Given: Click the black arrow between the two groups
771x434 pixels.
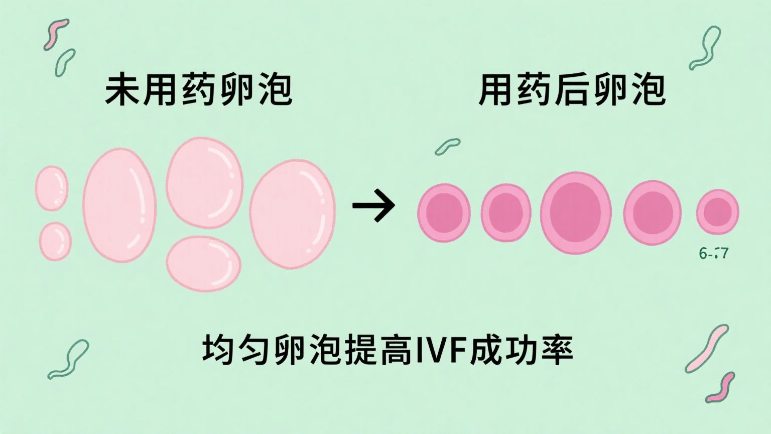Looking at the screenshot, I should [x=374, y=205].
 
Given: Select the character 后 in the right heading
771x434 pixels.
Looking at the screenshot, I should [x=572, y=90].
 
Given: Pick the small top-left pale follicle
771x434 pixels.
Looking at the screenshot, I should [x=52, y=188].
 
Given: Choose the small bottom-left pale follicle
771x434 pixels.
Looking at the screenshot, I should [x=55, y=241].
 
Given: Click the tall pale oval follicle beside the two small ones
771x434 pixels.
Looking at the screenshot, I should [x=119, y=205].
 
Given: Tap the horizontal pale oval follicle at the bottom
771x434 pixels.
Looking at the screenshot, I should [x=204, y=263].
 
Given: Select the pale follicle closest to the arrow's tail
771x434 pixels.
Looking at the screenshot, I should [x=292, y=213].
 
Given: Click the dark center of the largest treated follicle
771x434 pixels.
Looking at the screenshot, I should [x=575, y=212].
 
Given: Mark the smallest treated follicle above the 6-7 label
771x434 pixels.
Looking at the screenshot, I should [x=718, y=212].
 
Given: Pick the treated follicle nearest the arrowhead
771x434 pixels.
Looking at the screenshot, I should [x=444, y=212].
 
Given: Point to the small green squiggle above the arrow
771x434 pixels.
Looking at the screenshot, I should [x=447, y=146].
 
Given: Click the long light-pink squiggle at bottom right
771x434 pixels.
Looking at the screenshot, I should [x=707, y=348].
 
